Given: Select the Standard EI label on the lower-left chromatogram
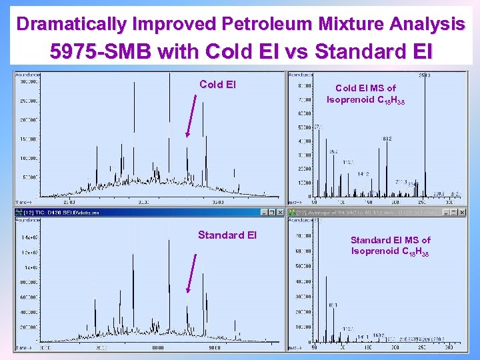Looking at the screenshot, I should (x=227, y=235).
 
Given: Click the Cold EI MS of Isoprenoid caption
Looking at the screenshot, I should (x=365, y=93).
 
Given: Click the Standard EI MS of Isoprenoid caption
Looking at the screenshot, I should (x=390, y=245).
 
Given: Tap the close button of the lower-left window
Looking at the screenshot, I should (x=280, y=212).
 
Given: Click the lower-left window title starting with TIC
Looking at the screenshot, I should (x=67, y=212).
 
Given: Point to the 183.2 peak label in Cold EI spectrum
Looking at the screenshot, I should (x=387, y=139).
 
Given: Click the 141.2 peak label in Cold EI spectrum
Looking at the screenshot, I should (x=363, y=174).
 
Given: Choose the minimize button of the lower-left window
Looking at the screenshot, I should (x=263, y=212).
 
